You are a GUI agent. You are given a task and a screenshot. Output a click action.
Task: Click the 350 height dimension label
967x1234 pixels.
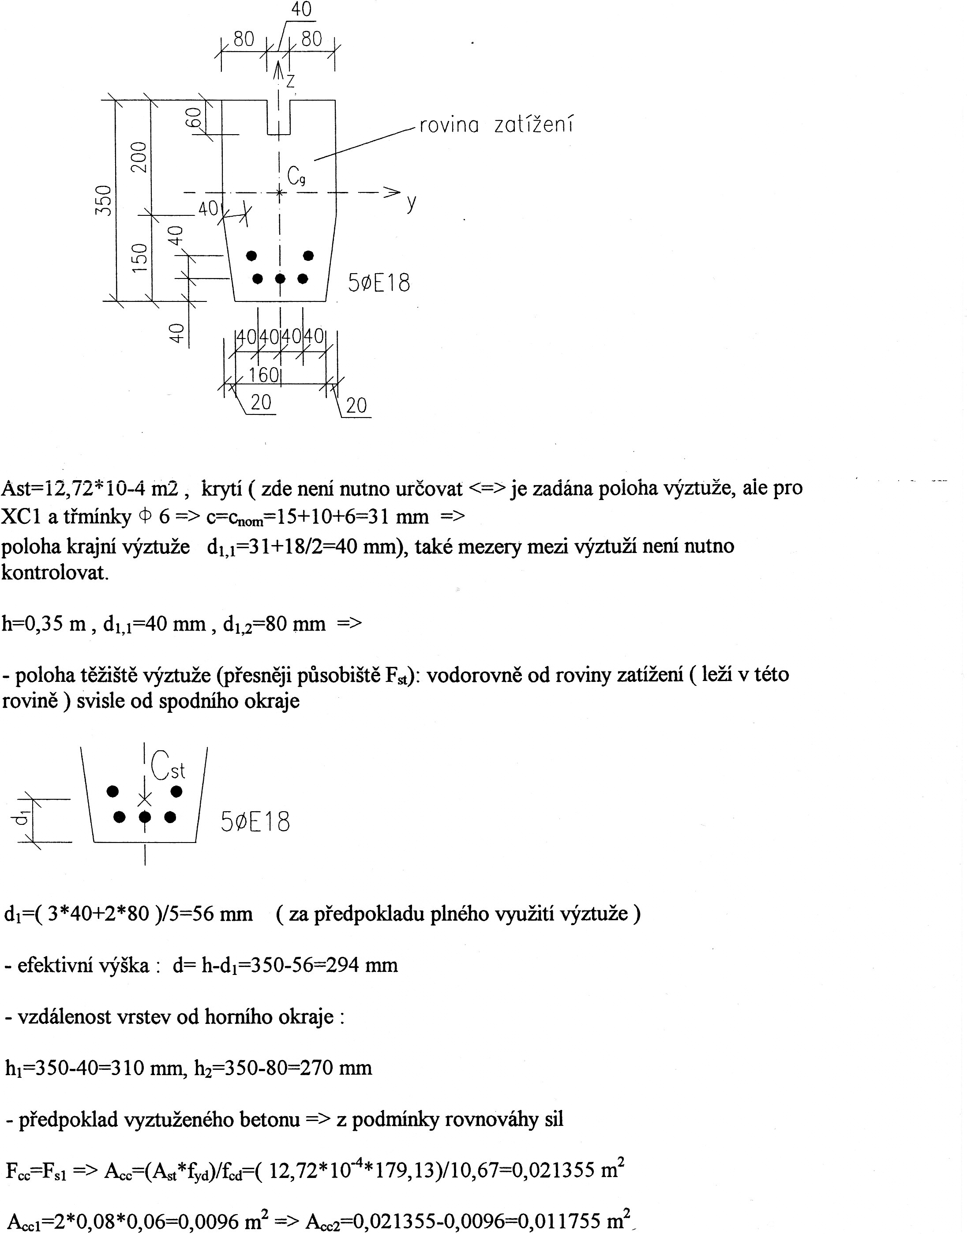pyautogui.click(x=104, y=200)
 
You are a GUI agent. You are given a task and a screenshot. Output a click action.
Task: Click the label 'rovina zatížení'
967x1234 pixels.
pyautogui.click(x=496, y=124)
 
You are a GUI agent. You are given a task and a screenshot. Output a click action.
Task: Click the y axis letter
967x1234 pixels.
pyautogui.click(x=412, y=202)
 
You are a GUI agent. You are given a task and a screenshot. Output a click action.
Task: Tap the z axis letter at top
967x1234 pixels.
pyautogui.click(x=290, y=81)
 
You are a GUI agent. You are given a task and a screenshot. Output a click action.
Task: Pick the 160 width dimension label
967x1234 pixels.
pyautogui.click(x=264, y=374)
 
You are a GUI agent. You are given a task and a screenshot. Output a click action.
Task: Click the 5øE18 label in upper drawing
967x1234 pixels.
pyautogui.click(x=379, y=282)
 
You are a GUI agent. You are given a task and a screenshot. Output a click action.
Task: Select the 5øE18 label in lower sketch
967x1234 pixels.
pyautogui.click(x=255, y=822)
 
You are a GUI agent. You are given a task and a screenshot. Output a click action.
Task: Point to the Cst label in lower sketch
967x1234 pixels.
pyautogui.click(x=168, y=765)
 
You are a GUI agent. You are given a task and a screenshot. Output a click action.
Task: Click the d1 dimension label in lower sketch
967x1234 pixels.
pyautogui.click(x=21, y=818)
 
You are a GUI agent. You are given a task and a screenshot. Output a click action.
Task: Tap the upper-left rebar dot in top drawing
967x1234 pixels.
pyautogui.click(x=251, y=256)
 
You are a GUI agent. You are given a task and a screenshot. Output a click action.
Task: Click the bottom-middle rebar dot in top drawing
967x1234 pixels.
pyautogui.click(x=280, y=278)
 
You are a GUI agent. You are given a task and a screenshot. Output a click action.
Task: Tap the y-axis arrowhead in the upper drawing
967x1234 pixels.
pyautogui.click(x=392, y=192)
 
